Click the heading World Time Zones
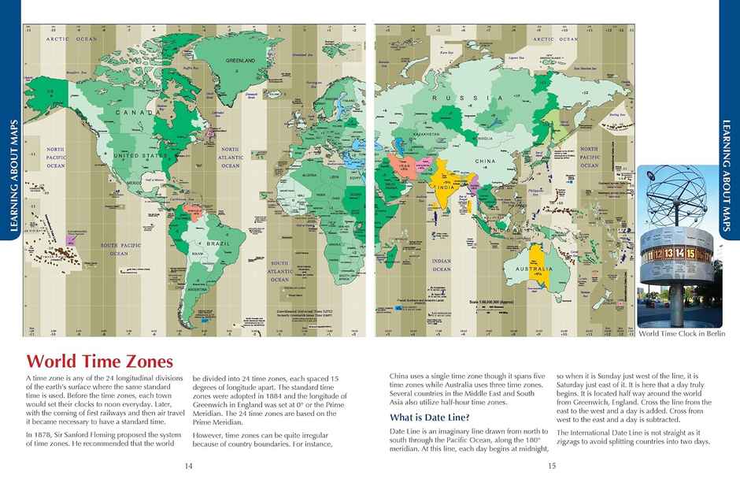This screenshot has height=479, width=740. point(99,362)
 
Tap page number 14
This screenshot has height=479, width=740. point(188,466)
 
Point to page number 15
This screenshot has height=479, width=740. point(552,466)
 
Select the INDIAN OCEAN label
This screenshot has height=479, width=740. point(442,265)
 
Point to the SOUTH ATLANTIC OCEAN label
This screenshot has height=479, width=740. point(279,271)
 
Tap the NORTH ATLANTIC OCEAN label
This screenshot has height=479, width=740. point(230,157)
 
